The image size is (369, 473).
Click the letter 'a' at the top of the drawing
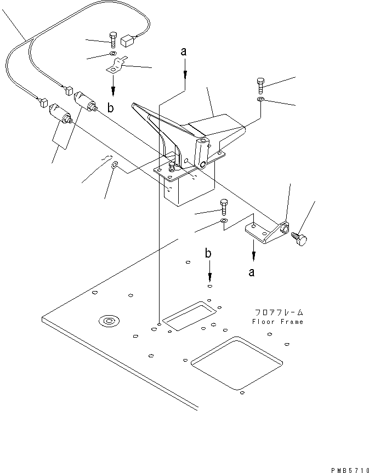pos(184,52)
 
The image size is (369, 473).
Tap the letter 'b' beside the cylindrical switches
pos(111,109)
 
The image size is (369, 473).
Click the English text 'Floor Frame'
pos(277,322)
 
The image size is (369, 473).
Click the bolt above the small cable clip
pos(112,40)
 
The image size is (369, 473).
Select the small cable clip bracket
pos(116,68)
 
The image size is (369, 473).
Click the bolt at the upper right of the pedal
pos(260,85)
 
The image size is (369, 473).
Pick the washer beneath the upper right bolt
pos(260,100)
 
